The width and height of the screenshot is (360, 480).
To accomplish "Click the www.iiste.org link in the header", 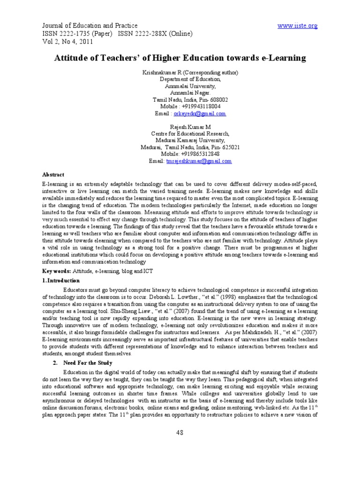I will tap(297, 25).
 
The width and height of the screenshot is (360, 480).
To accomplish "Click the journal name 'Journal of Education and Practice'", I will tap(90, 25).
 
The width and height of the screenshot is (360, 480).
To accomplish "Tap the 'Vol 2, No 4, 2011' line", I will tap(67, 41).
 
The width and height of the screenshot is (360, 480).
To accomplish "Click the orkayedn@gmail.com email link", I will tap(200, 114).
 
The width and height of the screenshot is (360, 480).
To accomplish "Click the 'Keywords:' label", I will tap(57, 271).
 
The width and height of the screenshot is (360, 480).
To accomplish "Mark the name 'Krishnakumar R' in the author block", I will tap(162, 73).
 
